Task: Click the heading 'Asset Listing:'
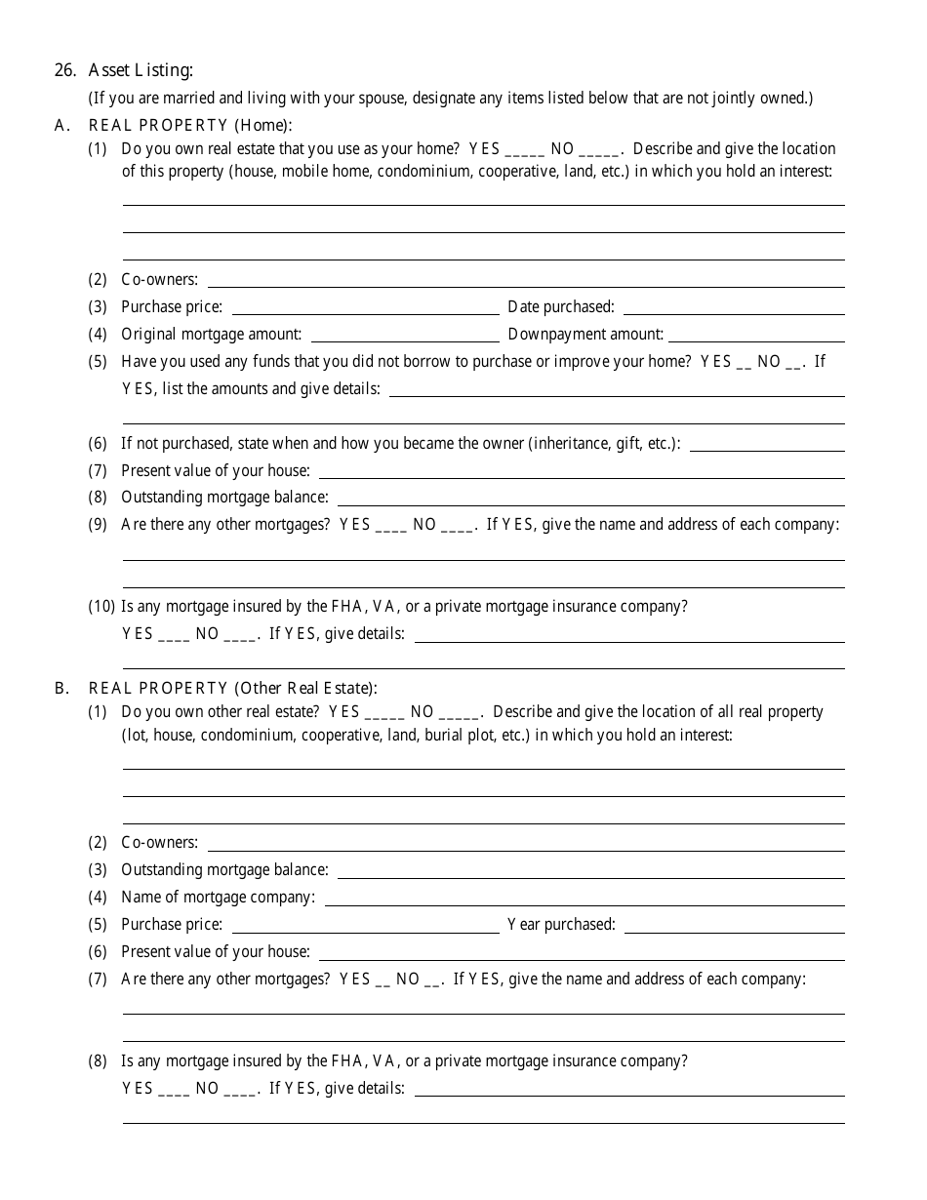[141, 70]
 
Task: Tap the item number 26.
[64, 70]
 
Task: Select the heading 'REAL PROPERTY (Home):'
[190, 125]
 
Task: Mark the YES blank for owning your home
[526, 151]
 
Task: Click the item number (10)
[102, 606]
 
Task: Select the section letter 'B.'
[62, 688]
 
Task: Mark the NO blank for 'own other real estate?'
[459, 714]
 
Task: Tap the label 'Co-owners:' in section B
[159, 842]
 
